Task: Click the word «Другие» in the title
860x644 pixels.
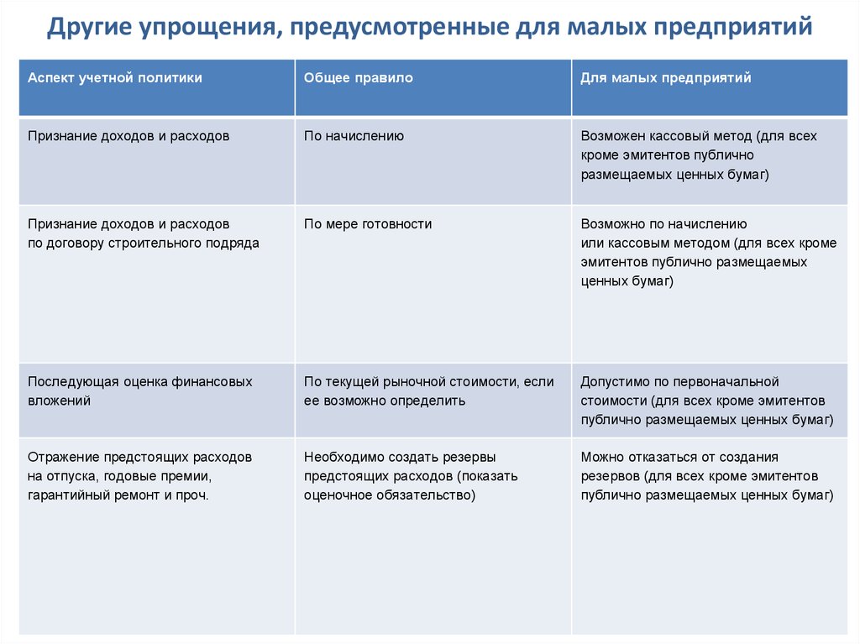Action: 87,28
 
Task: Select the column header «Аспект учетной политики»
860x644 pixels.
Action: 115,77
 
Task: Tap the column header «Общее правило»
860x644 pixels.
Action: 359,77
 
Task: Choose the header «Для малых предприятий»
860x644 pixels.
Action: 666,77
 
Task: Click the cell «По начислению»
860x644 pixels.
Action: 354,135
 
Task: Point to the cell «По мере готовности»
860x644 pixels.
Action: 368,224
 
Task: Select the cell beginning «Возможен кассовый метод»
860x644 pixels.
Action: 698,155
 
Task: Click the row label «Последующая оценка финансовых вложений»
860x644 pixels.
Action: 139,390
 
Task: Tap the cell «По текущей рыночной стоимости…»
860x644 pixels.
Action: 428,390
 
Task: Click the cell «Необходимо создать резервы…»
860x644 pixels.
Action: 411,476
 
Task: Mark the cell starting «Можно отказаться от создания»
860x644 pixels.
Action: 706,476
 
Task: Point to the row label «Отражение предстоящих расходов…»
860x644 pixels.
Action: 139,476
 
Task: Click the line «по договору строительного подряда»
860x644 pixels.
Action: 144,243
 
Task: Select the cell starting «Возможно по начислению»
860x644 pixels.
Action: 708,253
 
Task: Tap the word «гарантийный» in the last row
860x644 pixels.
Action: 65,495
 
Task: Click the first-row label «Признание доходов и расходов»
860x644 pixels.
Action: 128,135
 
